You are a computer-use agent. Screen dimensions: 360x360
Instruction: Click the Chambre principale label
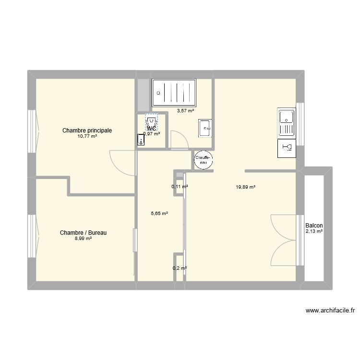coord(87,130)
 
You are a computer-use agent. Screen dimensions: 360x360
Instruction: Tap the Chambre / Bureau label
coord(83,233)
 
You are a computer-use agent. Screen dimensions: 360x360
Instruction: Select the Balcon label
coord(313,226)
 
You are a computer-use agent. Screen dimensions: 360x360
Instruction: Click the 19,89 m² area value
coord(245,187)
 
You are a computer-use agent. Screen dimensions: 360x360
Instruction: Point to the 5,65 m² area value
coord(159,214)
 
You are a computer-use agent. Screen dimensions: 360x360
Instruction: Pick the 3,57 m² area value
coord(185,111)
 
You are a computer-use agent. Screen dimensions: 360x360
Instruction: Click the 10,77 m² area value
coord(87,136)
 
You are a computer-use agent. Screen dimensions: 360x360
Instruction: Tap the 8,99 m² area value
coord(83,239)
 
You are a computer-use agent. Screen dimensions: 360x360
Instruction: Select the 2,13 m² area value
coord(313,231)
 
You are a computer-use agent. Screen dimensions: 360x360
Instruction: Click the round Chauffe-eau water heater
coord(203,159)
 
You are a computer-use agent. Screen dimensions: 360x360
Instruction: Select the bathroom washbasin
coord(205,128)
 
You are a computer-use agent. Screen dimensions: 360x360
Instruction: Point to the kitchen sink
coord(286,122)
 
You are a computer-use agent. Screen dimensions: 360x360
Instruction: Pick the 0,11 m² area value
coord(180,186)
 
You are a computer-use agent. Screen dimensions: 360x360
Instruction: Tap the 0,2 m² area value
coord(180,268)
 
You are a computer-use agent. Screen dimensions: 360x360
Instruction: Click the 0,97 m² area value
coord(152,134)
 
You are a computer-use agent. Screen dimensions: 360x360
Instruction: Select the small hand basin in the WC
coord(141,140)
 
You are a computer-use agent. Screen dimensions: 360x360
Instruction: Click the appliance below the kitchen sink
coord(287,149)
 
